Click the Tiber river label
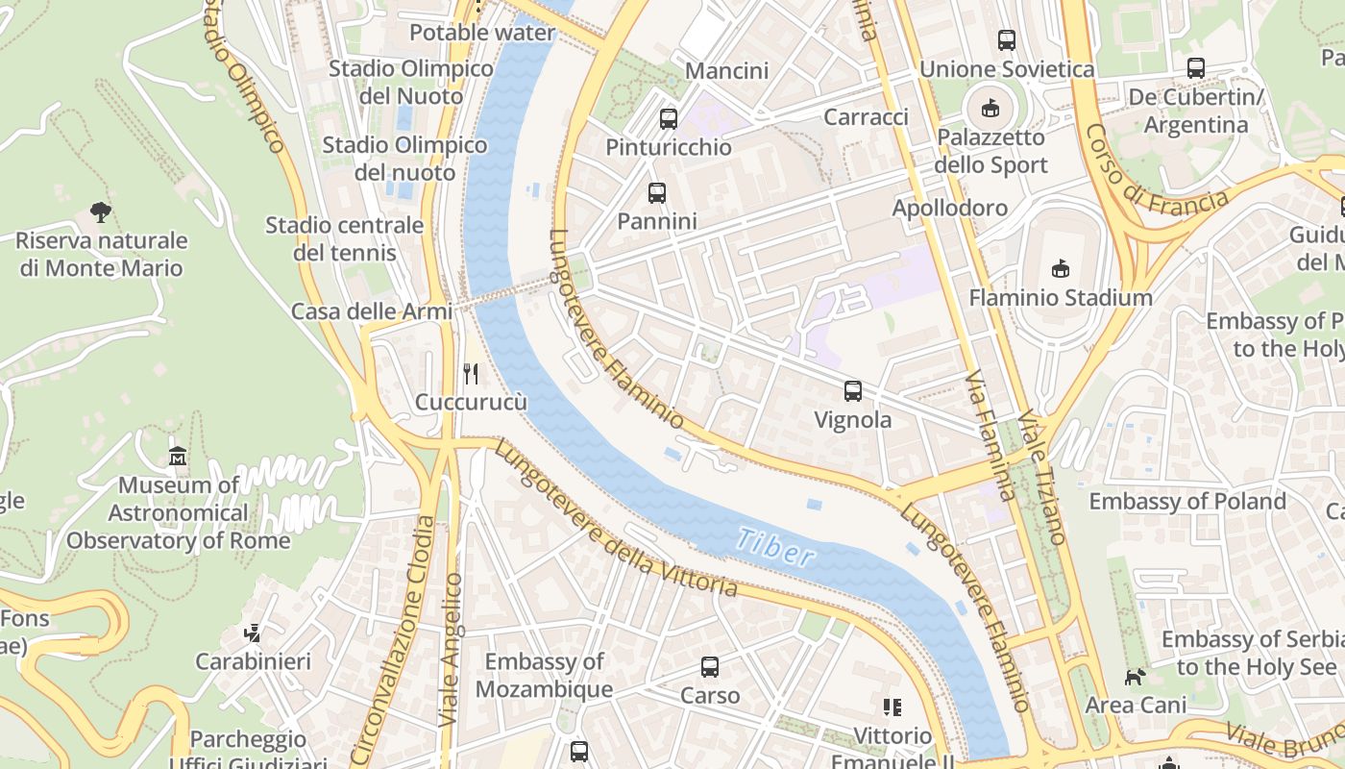776,546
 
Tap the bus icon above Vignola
852,391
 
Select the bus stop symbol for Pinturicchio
668,119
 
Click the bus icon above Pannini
657,193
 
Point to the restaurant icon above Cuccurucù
471,374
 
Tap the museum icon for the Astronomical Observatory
178,457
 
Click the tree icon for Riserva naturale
100,211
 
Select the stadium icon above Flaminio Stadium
1061,268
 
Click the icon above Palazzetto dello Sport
990,108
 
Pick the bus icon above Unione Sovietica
1006,40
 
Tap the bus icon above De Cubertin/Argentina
1195,68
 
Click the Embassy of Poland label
1186,501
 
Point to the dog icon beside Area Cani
1136,677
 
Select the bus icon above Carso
710,666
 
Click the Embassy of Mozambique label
544,675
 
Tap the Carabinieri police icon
253,633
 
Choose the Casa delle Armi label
357,311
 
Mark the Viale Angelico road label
451,649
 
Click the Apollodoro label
949,208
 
